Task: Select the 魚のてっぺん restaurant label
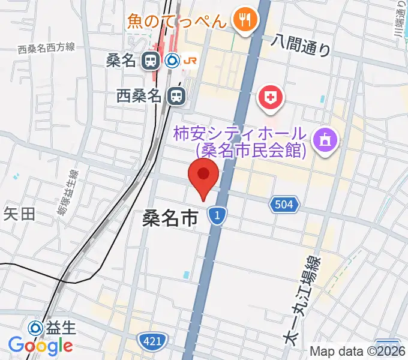(x=177, y=22)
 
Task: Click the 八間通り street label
(x=301, y=44)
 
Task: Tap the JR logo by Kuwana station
(x=190, y=60)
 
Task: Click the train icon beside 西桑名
(x=176, y=95)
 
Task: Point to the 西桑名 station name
(x=139, y=95)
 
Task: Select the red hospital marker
(x=270, y=97)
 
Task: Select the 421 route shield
(x=152, y=341)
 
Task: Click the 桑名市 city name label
(x=170, y=218)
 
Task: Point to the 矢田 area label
(x=20, y=214)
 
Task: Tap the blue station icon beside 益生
(x=36, y=327)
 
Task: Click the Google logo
(x=40, y=346)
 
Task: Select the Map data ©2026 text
(x=358, y=352)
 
